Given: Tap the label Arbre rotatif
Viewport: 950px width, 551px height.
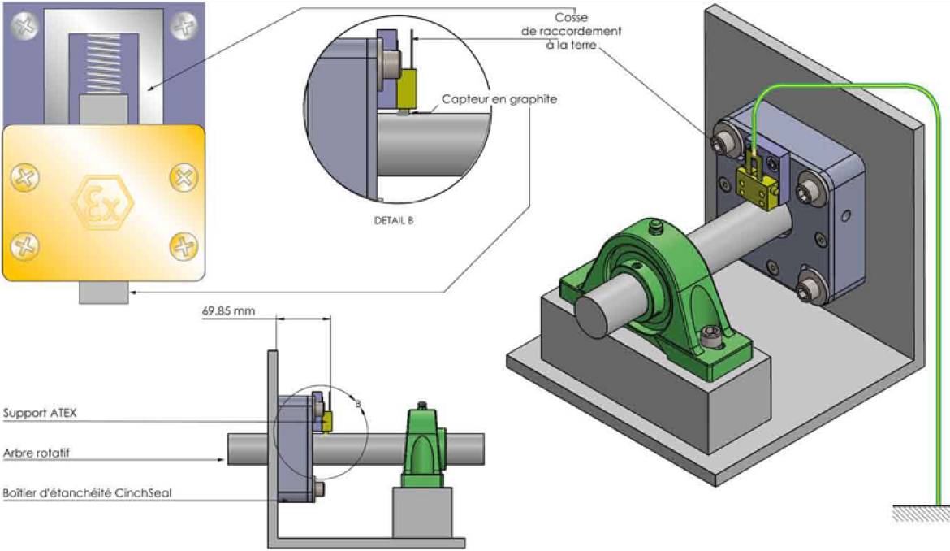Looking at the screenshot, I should pos(37,453).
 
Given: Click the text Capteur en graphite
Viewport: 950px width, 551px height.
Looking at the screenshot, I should pos(499,99).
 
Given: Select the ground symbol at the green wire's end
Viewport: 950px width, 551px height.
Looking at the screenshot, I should pos(921,513).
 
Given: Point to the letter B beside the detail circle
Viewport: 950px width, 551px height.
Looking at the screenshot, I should pos(358,402).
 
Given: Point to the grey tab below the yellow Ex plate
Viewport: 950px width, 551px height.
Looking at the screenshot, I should pos(103,292).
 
